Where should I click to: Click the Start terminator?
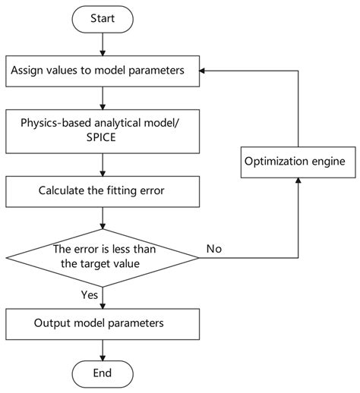tap(103, 17)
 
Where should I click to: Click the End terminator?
tap(103, 373)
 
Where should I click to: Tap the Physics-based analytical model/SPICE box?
tap(103, 130)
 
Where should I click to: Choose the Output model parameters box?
tap(103, 322)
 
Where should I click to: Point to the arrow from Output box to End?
tap(103, 349)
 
